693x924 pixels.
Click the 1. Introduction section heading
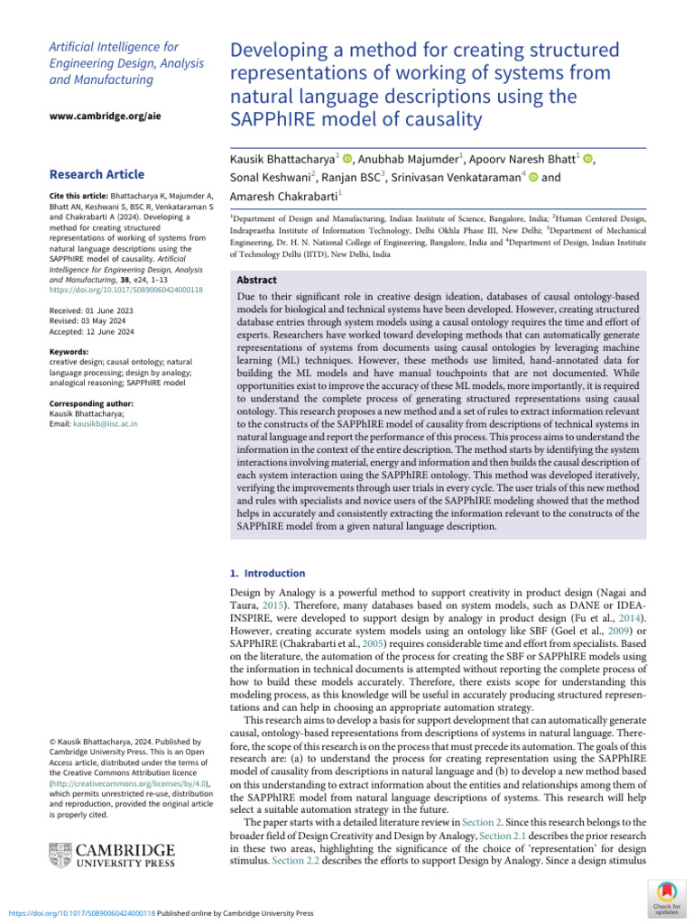tap(268, 573)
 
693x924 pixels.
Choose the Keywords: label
tap(69, 352)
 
